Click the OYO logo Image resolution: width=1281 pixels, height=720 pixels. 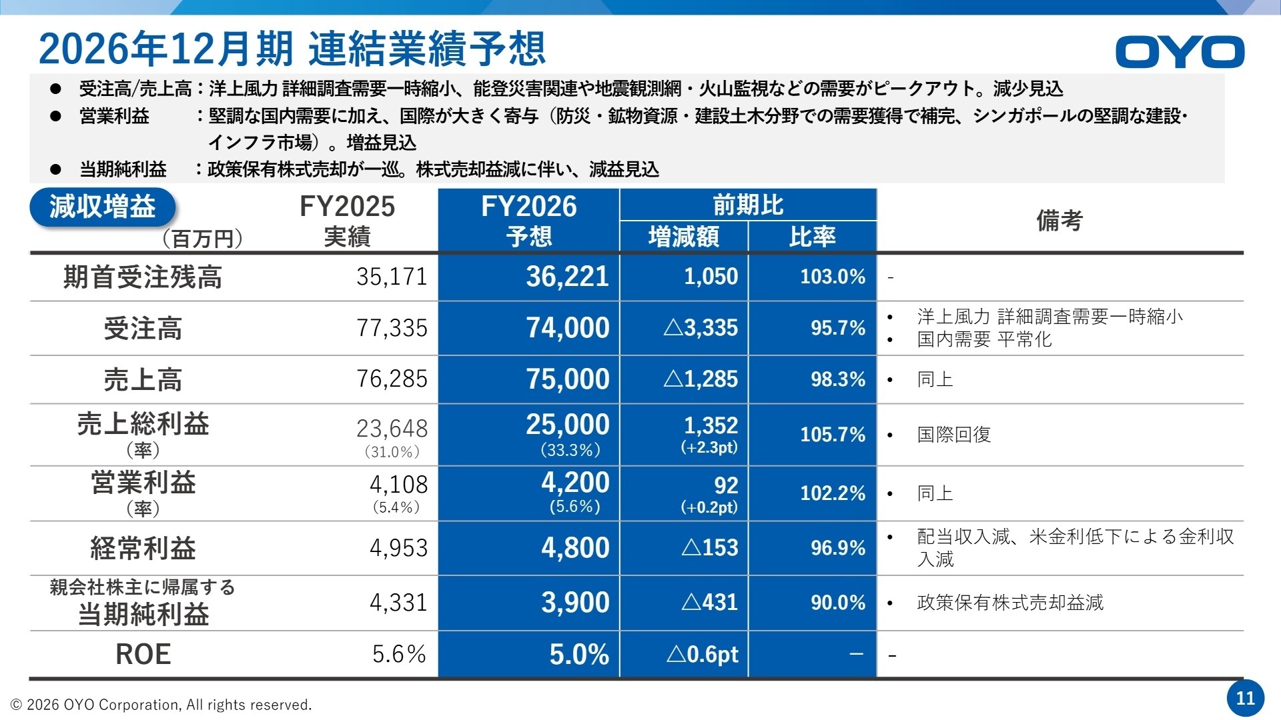tap(1179, 52)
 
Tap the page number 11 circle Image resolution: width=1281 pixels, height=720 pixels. tap(1245, 698)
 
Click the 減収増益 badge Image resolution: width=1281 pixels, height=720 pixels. tap(102, 207)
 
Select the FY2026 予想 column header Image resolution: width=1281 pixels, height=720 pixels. tap(528, 221)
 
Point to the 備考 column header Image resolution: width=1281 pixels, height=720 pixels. tap(1059, 221)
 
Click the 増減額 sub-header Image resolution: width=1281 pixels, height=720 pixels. tap(683, 237)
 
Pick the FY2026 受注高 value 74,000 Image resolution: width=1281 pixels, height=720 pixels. tap(567, 328)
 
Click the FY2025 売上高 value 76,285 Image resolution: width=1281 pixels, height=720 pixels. tap(392, 379)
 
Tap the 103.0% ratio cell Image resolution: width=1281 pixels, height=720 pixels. tap(832, 277)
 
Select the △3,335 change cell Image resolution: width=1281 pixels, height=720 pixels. tap(701, 328)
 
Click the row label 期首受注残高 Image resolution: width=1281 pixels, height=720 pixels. tap(142, 277)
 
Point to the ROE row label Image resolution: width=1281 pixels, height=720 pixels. tap(143, 655)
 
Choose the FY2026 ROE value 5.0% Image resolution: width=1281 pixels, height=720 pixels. tap(578, 655)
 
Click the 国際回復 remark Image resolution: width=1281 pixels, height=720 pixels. tap(953, 435)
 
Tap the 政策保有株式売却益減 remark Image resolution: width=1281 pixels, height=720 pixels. tap(1009, 603)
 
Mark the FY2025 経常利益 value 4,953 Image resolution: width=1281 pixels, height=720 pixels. tap(398, 548)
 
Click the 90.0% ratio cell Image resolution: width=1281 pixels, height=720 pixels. tap(837, 603)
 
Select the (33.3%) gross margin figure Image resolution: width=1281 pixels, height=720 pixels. tap(570, 450)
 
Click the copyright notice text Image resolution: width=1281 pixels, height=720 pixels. tap(161, 705)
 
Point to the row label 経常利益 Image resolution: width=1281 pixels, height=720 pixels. tap(143, 549)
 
